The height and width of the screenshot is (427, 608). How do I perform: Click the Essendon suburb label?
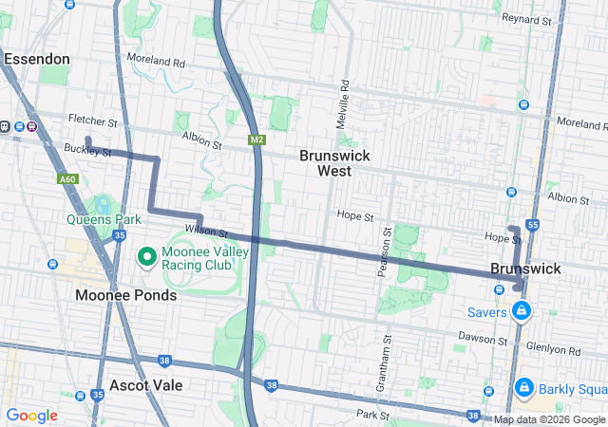37,59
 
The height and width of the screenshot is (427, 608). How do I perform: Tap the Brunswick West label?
334,163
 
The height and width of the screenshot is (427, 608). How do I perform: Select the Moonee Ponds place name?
125,295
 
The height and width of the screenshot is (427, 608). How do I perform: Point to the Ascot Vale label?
145,385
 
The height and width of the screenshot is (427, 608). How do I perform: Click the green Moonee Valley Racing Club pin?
147,256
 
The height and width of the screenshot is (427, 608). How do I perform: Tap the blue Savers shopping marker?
522,310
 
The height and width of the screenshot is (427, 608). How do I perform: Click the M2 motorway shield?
256,140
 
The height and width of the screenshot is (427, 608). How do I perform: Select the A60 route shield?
66,179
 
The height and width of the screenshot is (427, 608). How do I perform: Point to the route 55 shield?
532,225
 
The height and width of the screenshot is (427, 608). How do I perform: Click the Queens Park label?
104,219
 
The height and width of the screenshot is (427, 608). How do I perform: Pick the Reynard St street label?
527,19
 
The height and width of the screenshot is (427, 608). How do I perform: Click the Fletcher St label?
92,122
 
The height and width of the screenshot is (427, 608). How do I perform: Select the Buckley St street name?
88,151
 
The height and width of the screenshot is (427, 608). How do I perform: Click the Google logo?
31,416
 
